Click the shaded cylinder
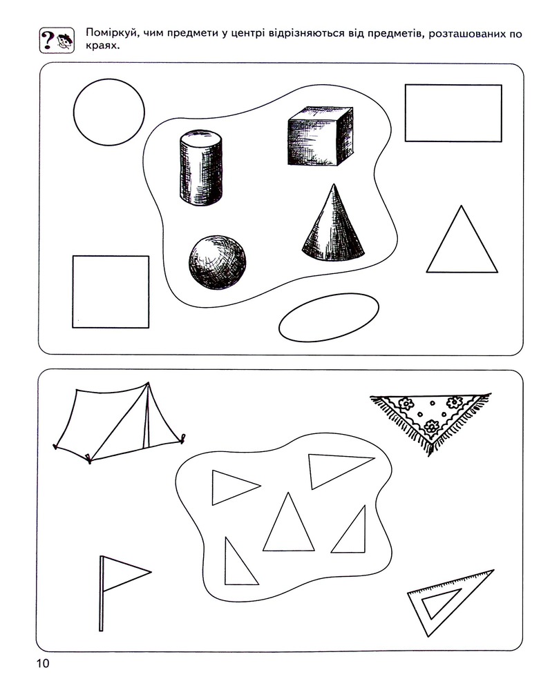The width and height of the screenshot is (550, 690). pyautogui.click(x=200, y=167)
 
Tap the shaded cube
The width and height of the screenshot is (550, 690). pyautogui.click(x=321, y=136)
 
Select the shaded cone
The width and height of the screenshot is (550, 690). pyautogui.click(x=333, y=222)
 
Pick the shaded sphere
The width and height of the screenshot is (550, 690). pyautogui.click(x=217, y=262)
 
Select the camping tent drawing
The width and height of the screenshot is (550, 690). pyautogui.click(x=119, y=423)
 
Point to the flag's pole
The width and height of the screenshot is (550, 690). pyautogui.click(x=102, y=593)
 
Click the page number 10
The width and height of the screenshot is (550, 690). pyautogui.click(x=44, y=663)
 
